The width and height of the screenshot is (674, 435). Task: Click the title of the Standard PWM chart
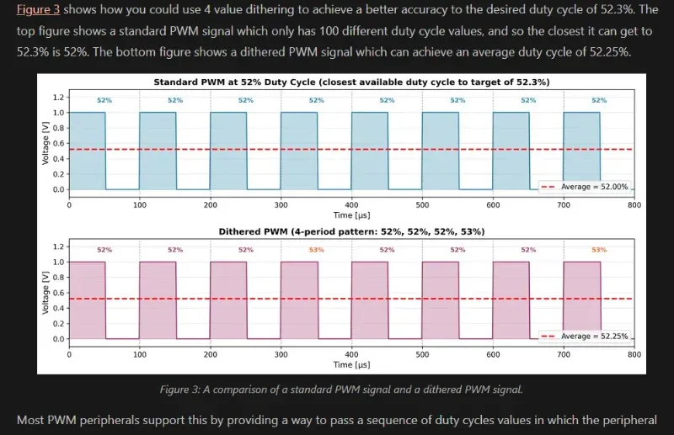click(351, 82)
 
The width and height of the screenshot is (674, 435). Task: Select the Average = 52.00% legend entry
click(590, 187)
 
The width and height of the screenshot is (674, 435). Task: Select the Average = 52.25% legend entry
click(590, 337)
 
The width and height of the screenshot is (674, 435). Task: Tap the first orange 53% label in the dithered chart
click(316, 250)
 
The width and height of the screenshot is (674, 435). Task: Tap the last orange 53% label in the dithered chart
click(599, 250)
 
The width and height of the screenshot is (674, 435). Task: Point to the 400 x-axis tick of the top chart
click(351, 204)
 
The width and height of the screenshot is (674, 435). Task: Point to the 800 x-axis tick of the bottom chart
click(634, 354)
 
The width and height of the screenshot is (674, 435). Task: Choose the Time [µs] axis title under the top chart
click(351, 215)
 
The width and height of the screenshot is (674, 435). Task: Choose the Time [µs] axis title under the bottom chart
click(351, 365)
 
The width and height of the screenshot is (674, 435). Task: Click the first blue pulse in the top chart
click(88, 151)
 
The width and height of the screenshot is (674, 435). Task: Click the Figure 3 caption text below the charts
click(341, 389)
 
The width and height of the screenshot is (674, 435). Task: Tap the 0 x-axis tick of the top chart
click(69, 204)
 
